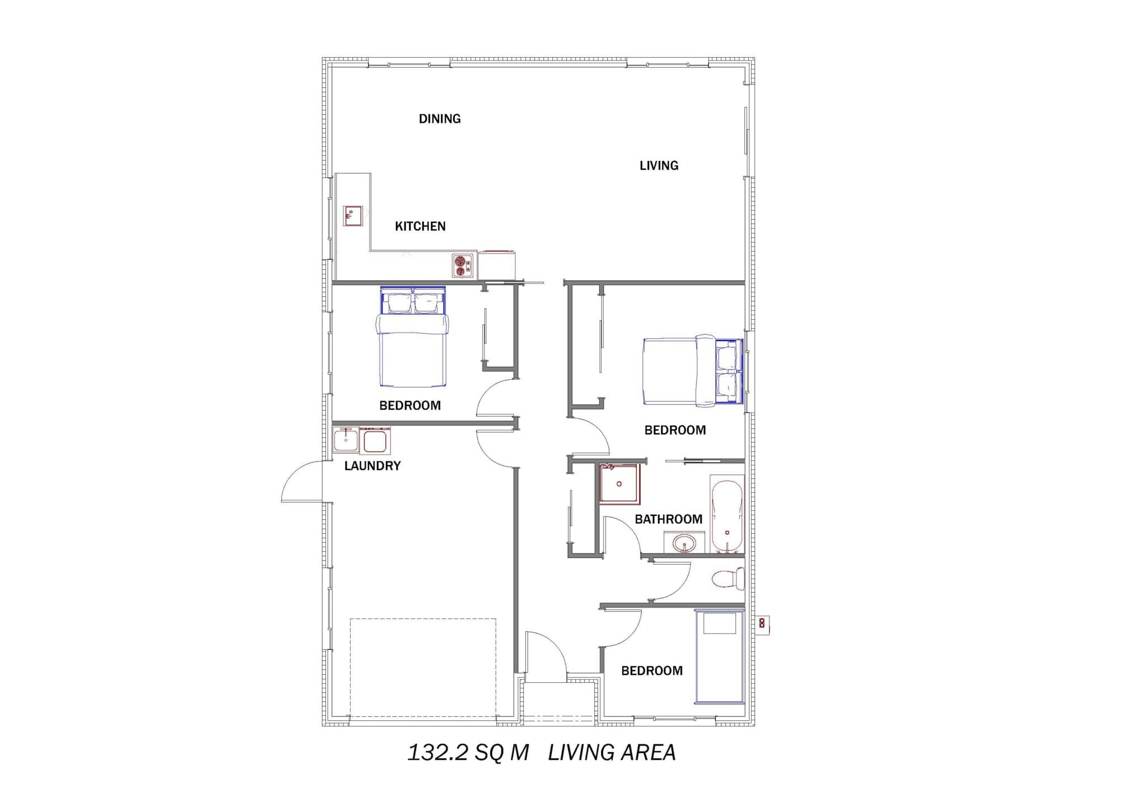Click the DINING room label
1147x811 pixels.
point(440,119)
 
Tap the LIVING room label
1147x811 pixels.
point(659,166)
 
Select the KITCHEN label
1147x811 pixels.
point(420,226)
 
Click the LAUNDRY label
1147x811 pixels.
point(372,466)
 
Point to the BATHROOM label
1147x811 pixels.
point(668,519)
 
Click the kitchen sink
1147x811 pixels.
point(353,216)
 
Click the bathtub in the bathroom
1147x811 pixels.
point(727,514)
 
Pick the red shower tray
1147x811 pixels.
point(619,484)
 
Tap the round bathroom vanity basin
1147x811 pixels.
point(684,543)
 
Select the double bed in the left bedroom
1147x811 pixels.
point(413,337)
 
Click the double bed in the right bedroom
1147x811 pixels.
point(693,370)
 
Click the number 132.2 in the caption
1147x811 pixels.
point(437,753)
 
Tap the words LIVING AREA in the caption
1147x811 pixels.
point(612,753)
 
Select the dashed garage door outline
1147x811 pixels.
point(423,668)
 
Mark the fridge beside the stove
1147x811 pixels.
point(496,265)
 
